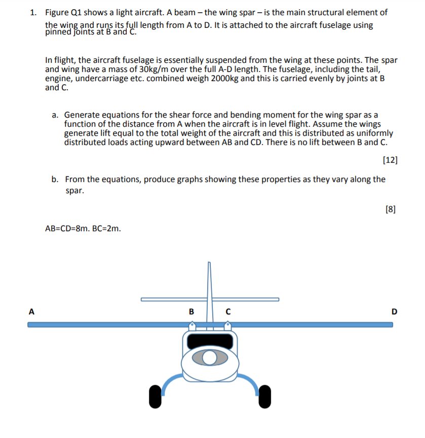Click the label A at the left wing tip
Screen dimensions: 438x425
click(x=31, y=312)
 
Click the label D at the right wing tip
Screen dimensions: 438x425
click(x=395, y=312)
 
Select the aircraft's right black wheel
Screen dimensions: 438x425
click(x=264, y=396)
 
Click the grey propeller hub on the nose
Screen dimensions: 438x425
click(x=210, y=358)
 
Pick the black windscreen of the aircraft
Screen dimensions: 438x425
click(x=210, y=341)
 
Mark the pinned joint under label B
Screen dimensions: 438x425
click(x=191, y=327)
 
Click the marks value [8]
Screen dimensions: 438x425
click(x=391, y=208)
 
